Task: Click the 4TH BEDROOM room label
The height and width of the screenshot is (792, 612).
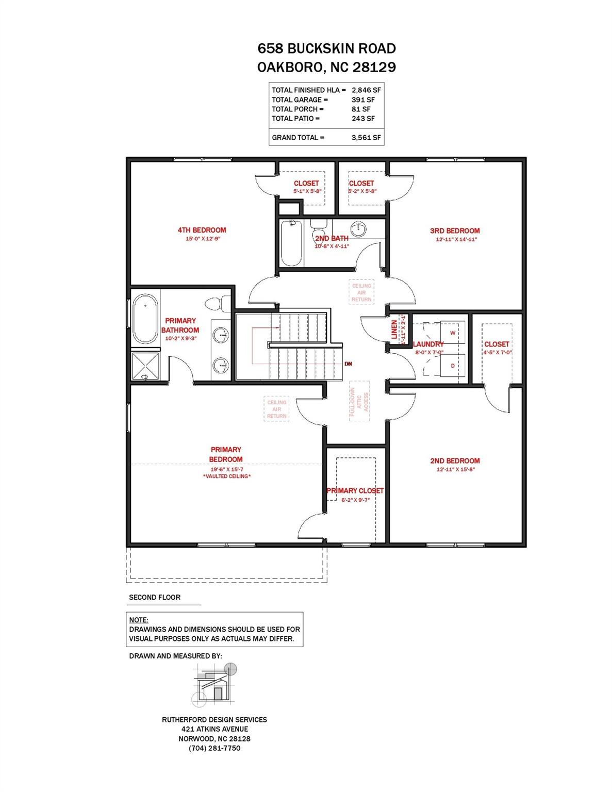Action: [x=202, y=230]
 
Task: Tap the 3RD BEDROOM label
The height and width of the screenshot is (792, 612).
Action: [x=455, y=230]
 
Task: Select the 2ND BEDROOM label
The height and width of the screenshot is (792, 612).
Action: [x=455, y=461]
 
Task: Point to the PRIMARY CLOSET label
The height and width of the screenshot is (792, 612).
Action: [x=355, y=491]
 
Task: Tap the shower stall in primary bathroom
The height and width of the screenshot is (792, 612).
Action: [x=145, y=367]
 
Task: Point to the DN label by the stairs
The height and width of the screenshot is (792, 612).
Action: [x=348, y=364]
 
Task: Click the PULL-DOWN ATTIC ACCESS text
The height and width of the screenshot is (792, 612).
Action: [x=359, y=403]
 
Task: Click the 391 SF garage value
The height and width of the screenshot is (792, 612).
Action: [x=363, y=100]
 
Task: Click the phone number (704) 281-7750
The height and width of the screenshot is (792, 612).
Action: [x=214, y=748]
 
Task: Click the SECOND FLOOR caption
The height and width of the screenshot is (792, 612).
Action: [x=155, y=597]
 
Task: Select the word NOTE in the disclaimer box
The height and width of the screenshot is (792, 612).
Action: [x=139, y=620]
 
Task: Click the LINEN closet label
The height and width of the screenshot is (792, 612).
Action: [x=394, y=331]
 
